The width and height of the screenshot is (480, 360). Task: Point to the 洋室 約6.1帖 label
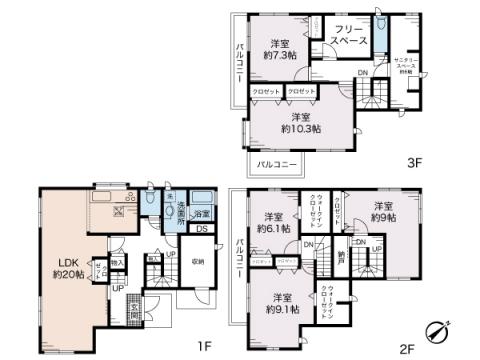coord(272,223)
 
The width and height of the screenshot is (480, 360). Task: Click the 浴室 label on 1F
coord(201,215)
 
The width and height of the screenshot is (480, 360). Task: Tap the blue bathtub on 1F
coord(202,198)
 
